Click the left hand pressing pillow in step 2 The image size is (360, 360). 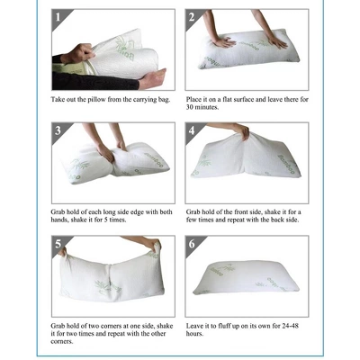coord(222,40)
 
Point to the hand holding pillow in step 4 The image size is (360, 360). coord(241,132)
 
